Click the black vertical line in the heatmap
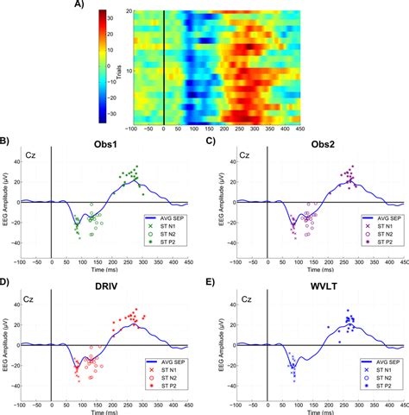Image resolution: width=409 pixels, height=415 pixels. coord(164,69)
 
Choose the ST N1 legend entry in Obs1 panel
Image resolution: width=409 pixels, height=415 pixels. coord(165,226)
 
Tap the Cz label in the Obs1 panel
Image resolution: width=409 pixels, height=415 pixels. coord(33,156)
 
